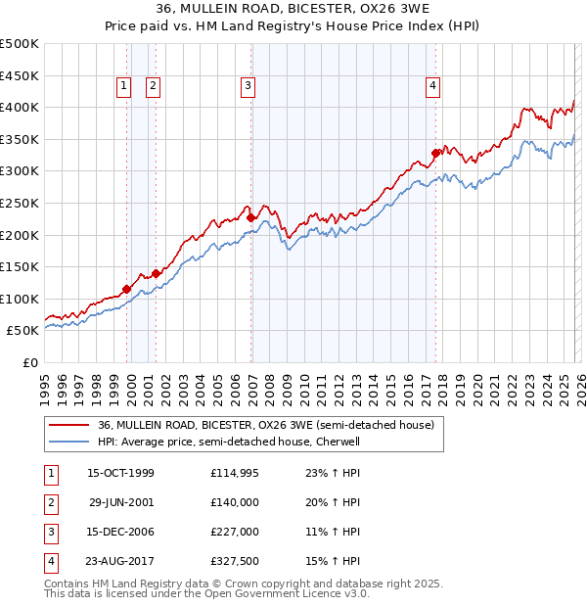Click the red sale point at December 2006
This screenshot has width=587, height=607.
pos(251,217)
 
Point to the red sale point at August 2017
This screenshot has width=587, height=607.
pos(436,153)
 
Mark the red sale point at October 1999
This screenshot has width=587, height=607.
pos(127,289)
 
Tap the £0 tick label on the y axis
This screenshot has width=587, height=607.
pos(29,362)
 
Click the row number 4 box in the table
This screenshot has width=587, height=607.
pos(50,561)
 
